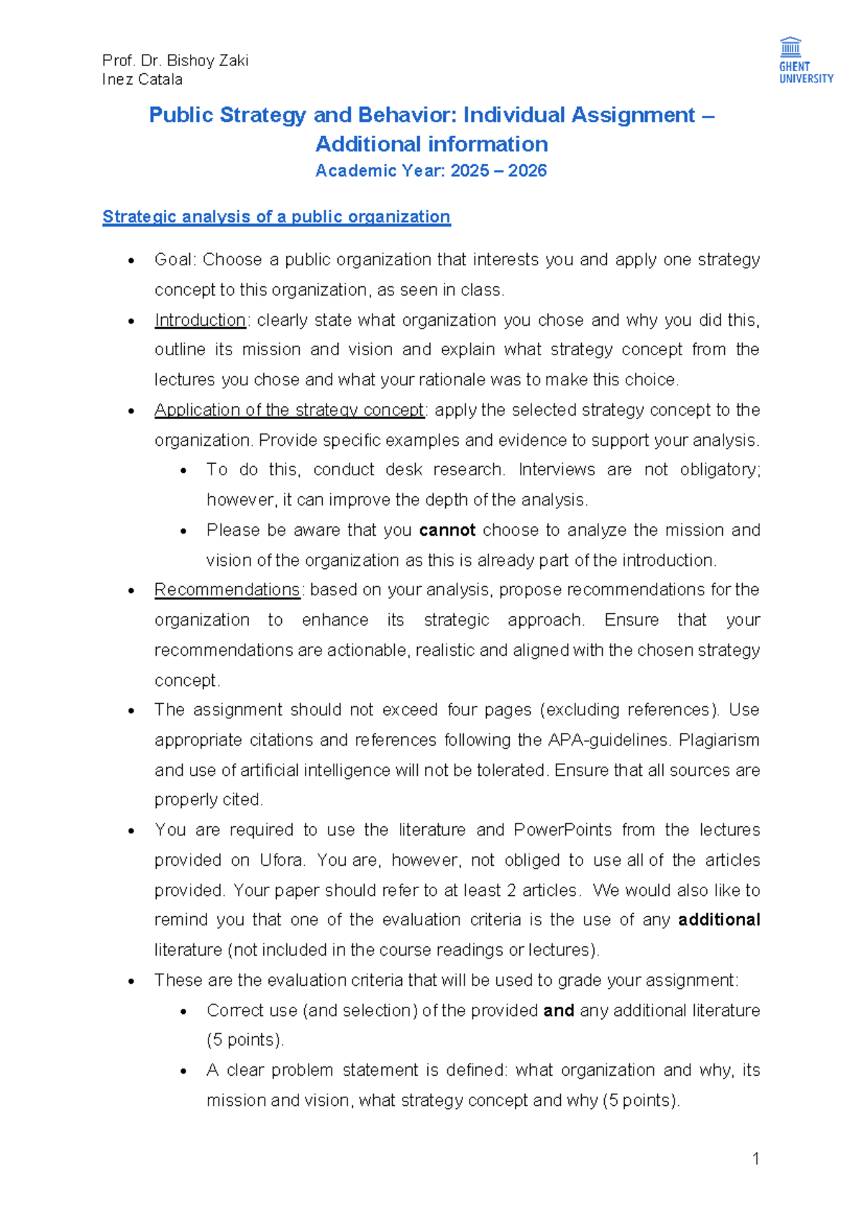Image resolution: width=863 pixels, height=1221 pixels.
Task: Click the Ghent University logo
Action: pos(805,60)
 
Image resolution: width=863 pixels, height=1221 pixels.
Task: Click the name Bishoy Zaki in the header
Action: pos(208,60)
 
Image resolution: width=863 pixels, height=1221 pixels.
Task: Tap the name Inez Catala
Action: pos(142,80)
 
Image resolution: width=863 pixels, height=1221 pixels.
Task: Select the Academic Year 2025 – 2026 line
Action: pos(431,170)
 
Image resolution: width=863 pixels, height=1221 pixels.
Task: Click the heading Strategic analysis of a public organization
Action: pos(276,216)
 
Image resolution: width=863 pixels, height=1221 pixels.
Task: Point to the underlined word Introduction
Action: pos(200,320)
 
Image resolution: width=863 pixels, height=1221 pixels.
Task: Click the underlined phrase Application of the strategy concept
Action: pos(289,410)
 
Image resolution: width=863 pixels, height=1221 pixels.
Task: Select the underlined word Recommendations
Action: pos(227,590)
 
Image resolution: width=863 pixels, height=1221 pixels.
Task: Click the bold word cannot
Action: pos(447,530)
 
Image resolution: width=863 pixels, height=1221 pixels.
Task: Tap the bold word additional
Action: pos(718,920)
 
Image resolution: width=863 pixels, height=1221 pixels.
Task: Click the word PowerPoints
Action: pos(562,830)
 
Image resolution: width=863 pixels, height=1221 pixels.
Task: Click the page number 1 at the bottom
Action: pos(755,1158)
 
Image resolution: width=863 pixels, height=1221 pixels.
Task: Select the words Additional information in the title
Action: pos(431,144)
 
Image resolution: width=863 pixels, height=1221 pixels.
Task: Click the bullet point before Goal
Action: pos(131,260)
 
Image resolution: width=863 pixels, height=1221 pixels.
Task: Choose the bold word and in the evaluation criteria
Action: pos(558,1010)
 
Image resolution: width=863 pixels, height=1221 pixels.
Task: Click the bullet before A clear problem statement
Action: pos(183,1071)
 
